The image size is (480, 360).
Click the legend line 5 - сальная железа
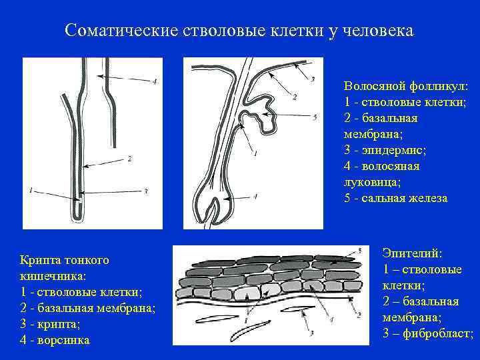point(396,198)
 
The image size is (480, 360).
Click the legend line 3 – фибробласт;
point(428,333)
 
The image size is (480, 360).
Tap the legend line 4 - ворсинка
point(55,340)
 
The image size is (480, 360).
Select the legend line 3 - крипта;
point(50,324)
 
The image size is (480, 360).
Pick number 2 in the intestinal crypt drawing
point(129,159)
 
